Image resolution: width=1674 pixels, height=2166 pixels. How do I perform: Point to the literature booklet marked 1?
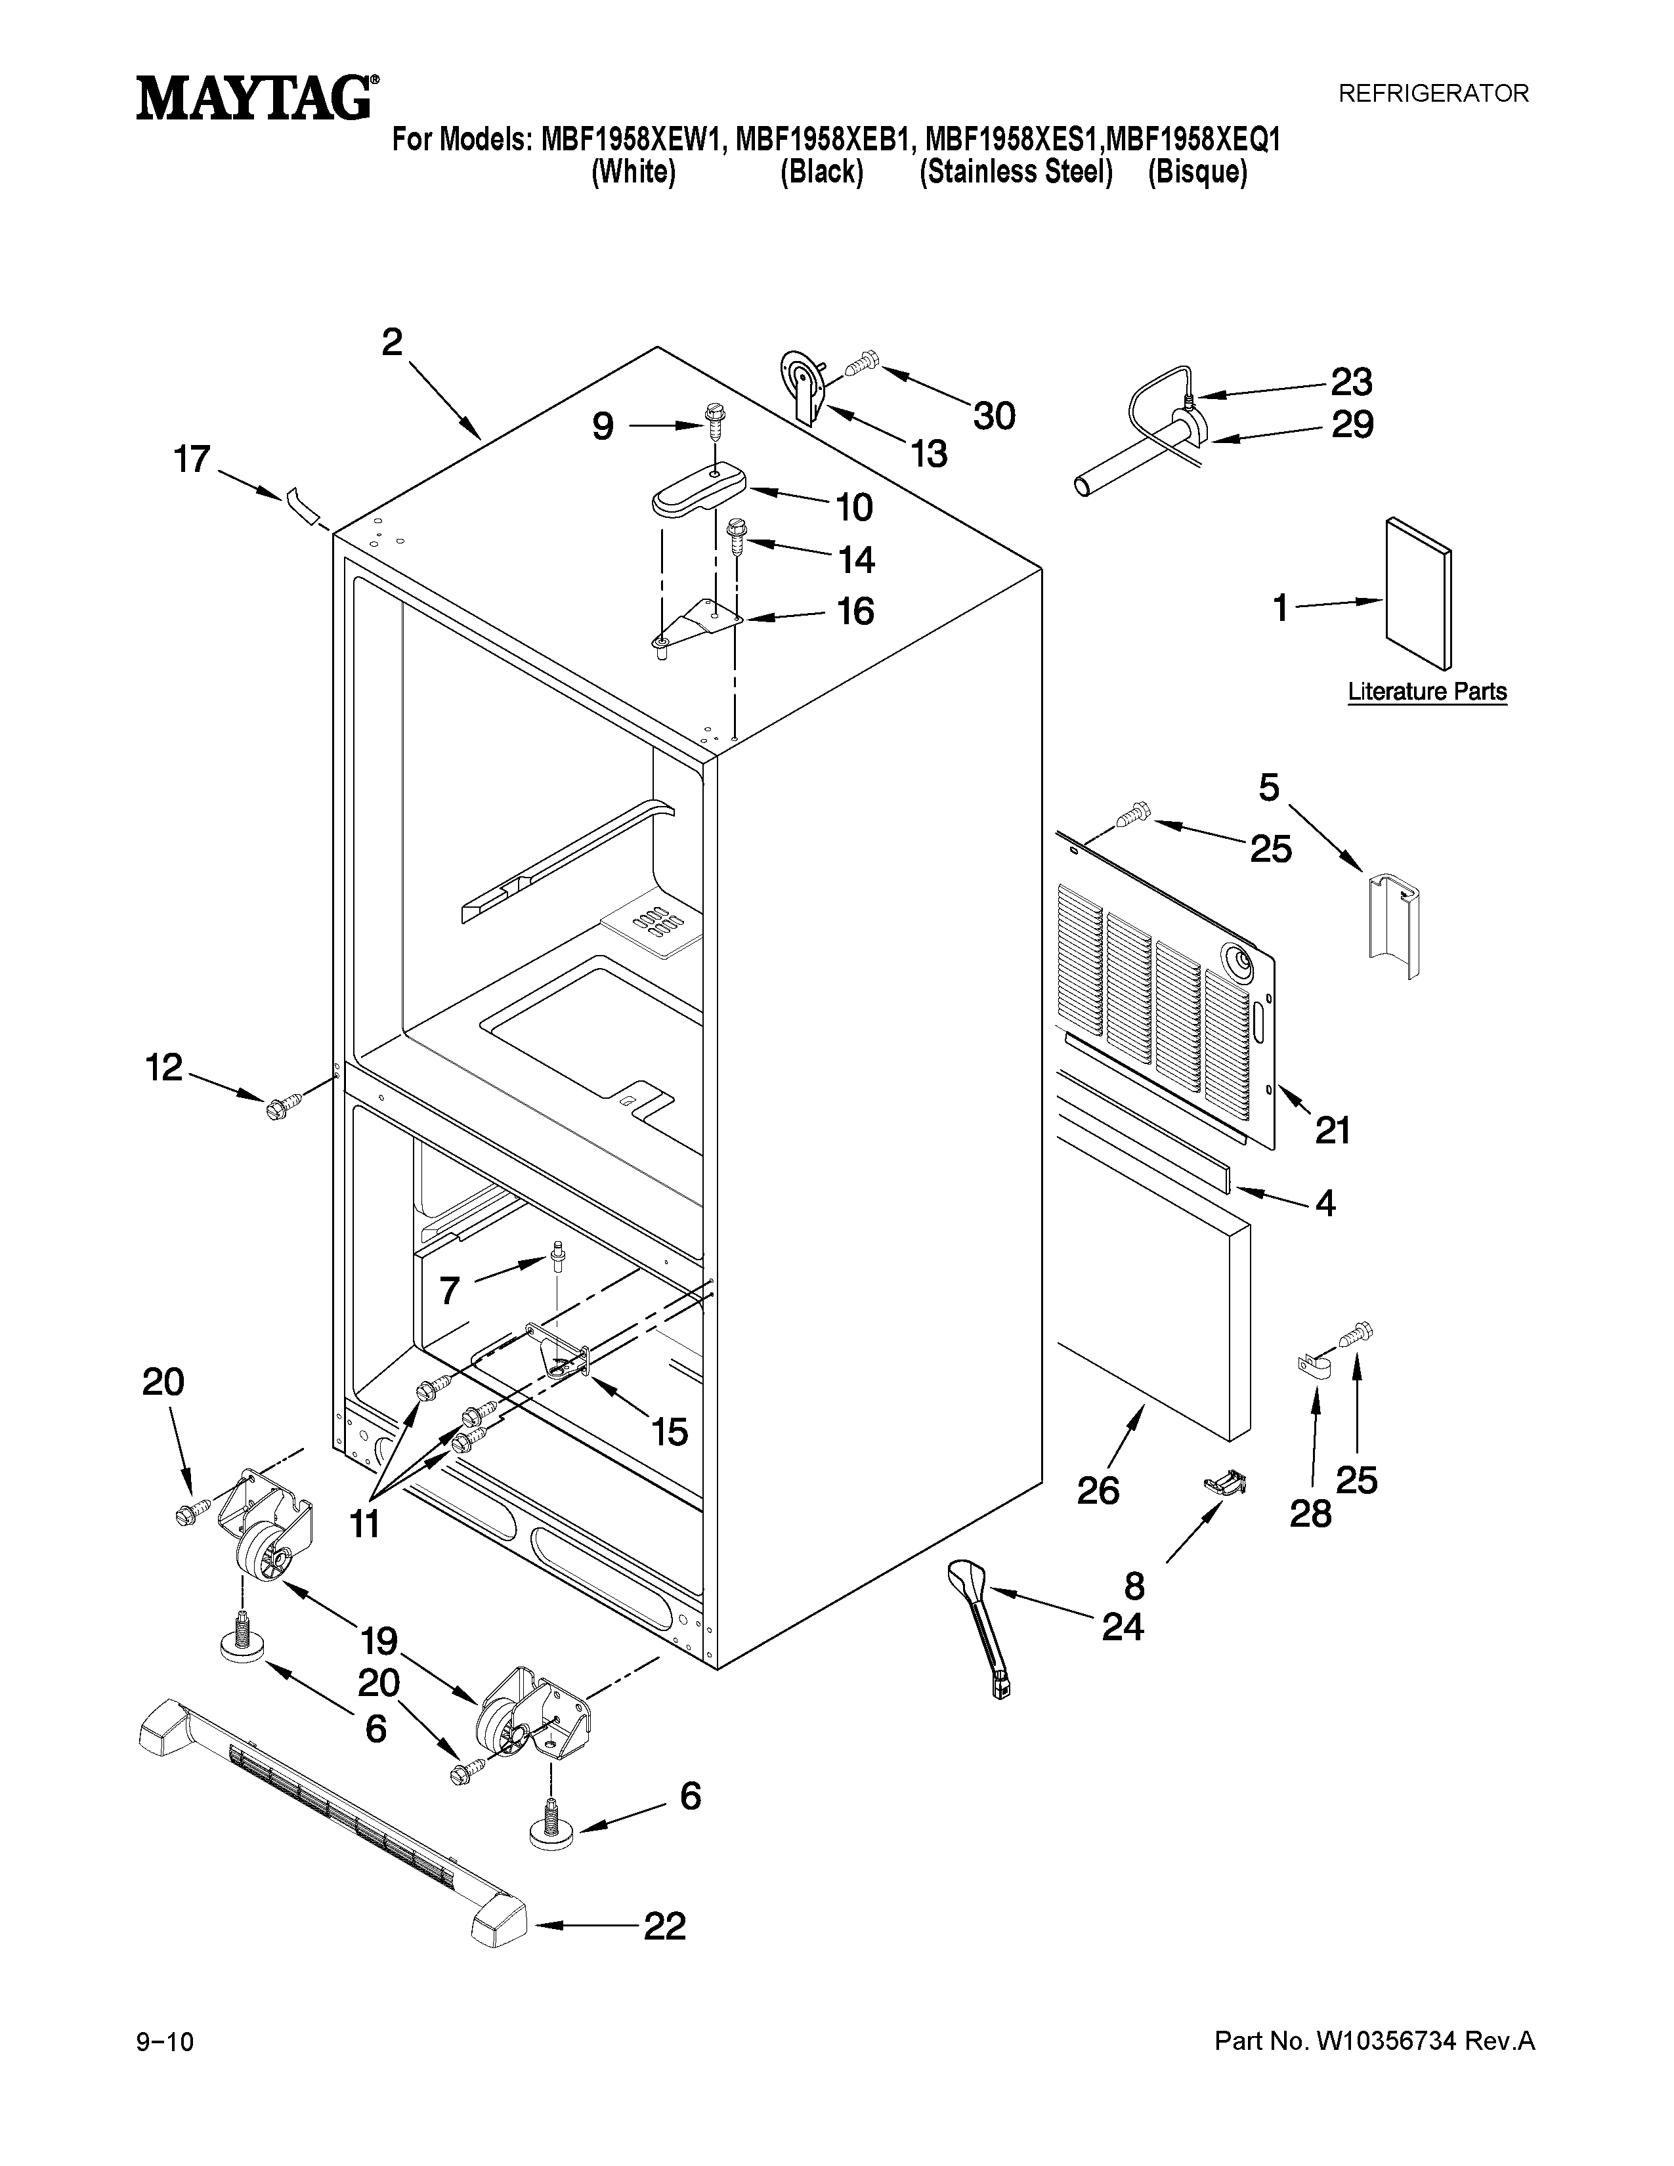coord(1418,593)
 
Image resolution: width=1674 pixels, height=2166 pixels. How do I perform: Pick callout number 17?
coord(192,459)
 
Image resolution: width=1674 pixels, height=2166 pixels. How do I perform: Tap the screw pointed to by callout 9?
coord(713,423)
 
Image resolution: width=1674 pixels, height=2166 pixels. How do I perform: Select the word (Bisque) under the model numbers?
coord(1197,173)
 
